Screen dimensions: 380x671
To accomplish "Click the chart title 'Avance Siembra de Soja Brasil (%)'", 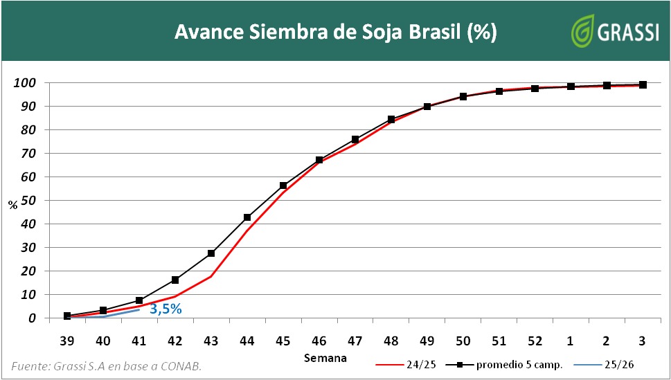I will [335, 32].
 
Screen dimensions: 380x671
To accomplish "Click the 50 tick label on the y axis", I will [27, 201].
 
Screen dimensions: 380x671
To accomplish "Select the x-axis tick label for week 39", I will [67, 341].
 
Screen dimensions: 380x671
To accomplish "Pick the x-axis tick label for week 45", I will [283, 341].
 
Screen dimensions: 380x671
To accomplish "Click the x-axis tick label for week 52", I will [535, 341].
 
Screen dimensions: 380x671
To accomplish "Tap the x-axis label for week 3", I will [643, 341].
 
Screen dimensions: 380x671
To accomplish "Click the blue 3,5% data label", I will [165, 309].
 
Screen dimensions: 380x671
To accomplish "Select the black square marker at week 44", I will [247, 217].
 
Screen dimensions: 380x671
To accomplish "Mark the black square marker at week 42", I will [175, 280].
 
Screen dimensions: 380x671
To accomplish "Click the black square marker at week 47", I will [355, 140].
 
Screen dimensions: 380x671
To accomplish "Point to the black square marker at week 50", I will [463, 97].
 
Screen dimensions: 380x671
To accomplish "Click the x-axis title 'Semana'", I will [325, 358].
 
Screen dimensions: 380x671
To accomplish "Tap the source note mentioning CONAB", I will [107, 365].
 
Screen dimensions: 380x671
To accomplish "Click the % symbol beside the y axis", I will [12, 205].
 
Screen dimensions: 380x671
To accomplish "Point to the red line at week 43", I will [211, 276].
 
